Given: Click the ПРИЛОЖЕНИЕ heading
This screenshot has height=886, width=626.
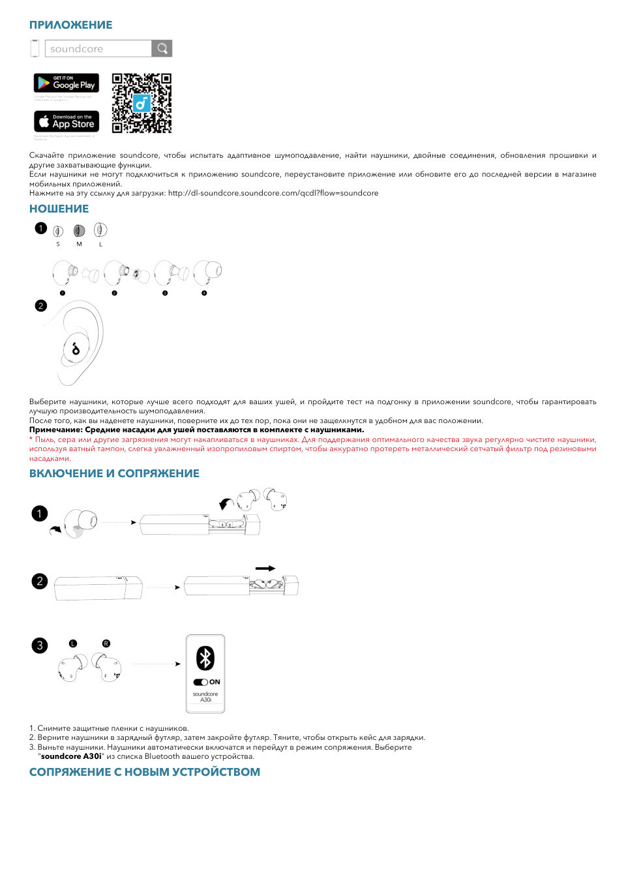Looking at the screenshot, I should [70, 25].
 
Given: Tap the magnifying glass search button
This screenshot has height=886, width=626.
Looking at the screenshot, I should [162, 49].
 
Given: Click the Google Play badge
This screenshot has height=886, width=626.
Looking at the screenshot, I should [67, 83].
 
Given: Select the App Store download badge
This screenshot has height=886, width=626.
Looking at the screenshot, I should [67, 121].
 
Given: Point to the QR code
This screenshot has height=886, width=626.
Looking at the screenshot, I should [142, 103].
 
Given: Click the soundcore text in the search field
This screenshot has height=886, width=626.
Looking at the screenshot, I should [76, 49].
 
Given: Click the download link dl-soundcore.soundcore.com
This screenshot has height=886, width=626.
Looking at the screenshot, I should [273, 193].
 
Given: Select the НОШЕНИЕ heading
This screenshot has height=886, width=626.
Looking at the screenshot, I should [59, 209].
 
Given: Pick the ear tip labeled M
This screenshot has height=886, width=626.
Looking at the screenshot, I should [79, 231].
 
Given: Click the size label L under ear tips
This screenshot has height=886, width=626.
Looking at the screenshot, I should [100, 244].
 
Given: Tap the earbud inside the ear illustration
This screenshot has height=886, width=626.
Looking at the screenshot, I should [76, 349].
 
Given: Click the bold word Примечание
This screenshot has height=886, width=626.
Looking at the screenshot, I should [55, 430].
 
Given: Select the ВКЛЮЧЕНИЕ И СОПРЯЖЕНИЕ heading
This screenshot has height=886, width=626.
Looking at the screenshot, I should [114, 473].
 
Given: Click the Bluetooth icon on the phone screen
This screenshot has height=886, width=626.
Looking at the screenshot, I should [205, 658].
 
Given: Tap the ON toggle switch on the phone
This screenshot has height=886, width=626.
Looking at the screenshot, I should [201, 682].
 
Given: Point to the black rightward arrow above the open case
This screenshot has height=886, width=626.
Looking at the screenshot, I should [265, 569].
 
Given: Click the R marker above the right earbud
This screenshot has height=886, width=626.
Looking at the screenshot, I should [106, 643].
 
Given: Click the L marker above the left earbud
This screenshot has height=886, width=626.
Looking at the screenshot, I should [73, 643].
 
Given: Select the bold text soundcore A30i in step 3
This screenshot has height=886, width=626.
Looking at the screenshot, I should [71, 756].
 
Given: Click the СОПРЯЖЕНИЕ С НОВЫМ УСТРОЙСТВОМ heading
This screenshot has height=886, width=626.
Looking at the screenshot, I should [144, 772].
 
